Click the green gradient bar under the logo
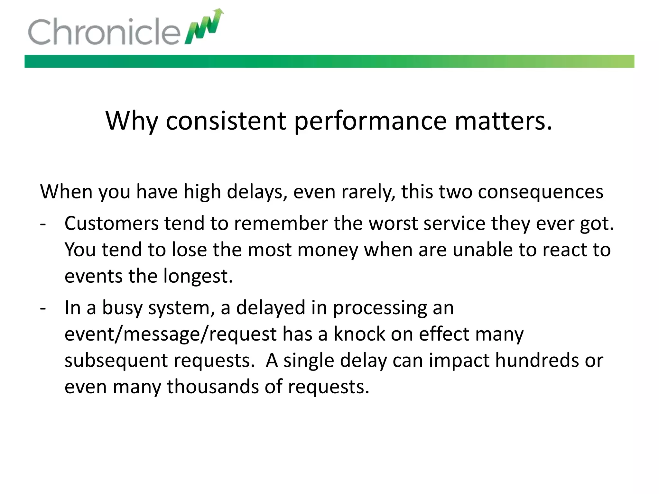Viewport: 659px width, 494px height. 329,61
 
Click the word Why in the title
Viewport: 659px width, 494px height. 132,121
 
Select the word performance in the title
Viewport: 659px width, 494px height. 370,121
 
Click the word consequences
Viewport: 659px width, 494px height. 540,192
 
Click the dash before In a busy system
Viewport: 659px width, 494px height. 43,308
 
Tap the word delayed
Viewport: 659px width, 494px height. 271,307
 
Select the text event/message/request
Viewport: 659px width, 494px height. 171,334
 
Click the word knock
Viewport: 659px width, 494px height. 359,334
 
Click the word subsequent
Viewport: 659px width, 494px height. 116,361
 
